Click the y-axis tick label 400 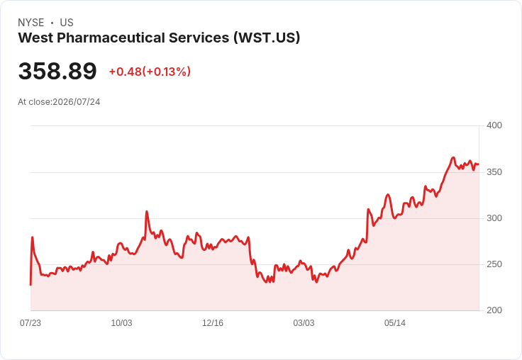pyautogui.click(x=494, y=125)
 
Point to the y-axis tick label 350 pyautogui.click(x=494, y=172)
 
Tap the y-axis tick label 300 pyautogui.click(x=494, y=218)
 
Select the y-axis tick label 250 pyautogui.click(x=494, y=264)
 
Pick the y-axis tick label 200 pyautogui.click(x=494, y=310)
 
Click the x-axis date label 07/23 pyautogui.click(x=30, y=323)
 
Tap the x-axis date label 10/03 pyautogui.click(x=121, y=323)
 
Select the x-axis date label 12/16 pyautogui.click(x=213, y=323)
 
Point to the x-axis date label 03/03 pyautogui.click(x=304, y=323)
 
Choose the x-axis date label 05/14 pyautogui.click(x=395, y=323)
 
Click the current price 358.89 pyautogui.click(x=57, y=71)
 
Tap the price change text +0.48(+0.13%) pyautogui.click(x=150, y=72)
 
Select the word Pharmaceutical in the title pyautogui.click(x=111, y=38)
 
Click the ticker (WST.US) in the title pyautogui.click(x=267, y=38)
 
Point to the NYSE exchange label pyautogui.click(x=31, y=23)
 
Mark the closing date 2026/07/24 pyautogui.click(x=77, y=102)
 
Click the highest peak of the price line pyautogui.click(x=452, y=158)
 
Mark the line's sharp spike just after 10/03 pyautogui.click(x=147, y=212)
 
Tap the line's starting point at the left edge pyautogui.click(x=30, y=285)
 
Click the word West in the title pyautogui.click(x=35, y=38)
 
